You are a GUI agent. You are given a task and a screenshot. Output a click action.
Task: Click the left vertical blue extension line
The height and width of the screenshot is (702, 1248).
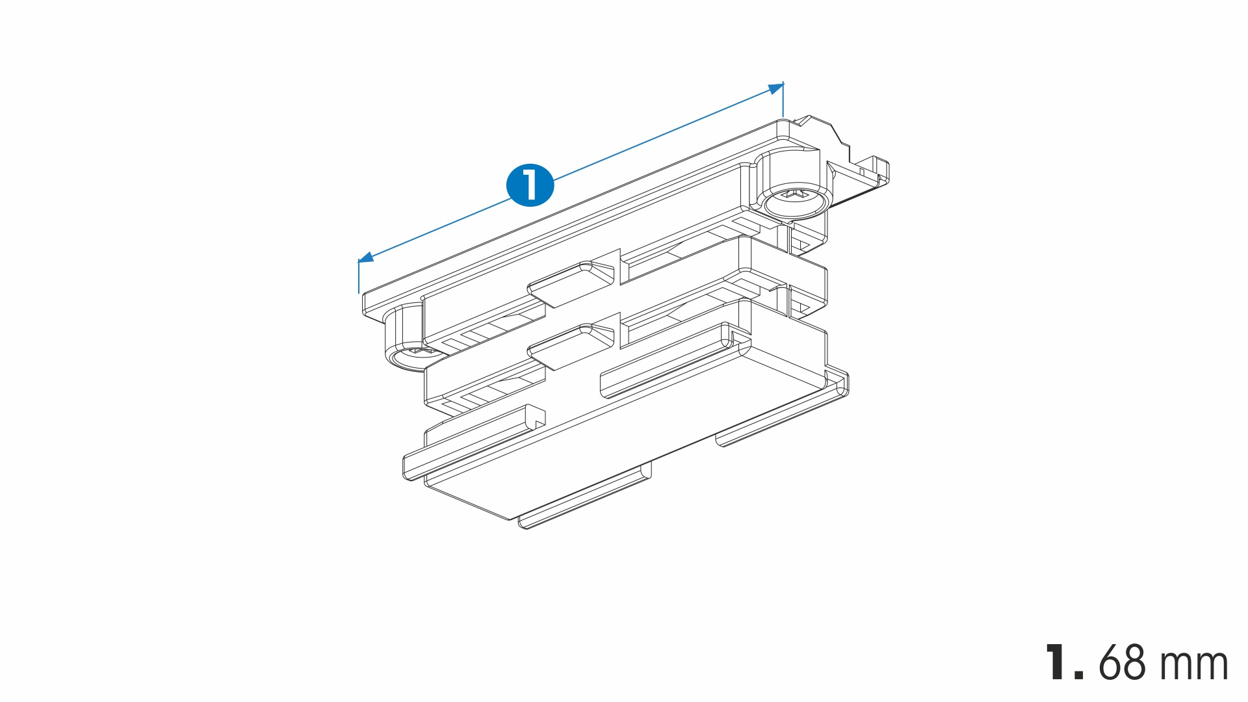coord(358,277)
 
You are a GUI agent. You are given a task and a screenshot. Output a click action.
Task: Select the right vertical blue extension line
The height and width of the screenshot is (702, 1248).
coord(783,99)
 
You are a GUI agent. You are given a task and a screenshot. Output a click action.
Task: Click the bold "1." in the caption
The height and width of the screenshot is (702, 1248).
coord(1064,662)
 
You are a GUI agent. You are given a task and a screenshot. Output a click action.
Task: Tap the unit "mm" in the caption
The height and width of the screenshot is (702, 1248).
coord(1193,666)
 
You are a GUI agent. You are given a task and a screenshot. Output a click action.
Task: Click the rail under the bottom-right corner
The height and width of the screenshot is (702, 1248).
coord(783,411)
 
